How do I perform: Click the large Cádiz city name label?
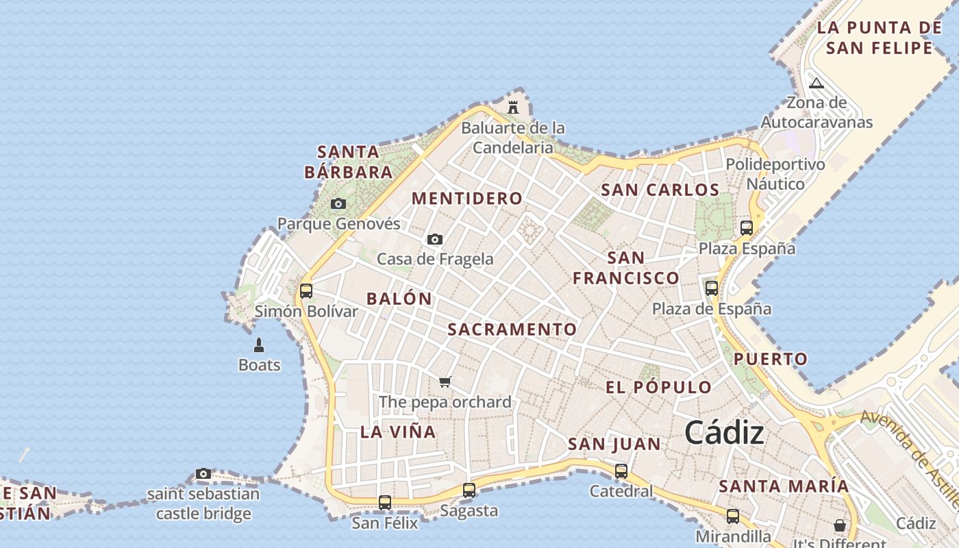coord(724,432)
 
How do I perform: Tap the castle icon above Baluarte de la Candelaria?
coord(513,107)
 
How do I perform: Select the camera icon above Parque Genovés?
coord(338,203)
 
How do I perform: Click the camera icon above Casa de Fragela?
coord(435,239)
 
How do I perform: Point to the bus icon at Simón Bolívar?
coord(306,290)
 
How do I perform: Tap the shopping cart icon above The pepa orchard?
coord(445,382)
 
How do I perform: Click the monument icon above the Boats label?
coord(259,345)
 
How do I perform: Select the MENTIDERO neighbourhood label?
coord(467,199)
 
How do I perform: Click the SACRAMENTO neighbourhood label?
coord(512,329)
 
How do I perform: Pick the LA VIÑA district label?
coord(398,432)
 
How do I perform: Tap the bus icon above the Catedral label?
coord(621,471)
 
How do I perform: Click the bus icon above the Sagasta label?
coord(469,490)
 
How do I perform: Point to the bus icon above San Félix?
coord(385,503)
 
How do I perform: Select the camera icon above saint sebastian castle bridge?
coord(203,473)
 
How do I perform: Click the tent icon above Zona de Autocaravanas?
coord(816,84)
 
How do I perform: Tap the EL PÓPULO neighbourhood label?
coord(658,387)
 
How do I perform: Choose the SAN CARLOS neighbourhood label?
coord(660,190)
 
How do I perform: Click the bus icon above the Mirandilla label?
coord(733,516)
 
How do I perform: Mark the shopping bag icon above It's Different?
coord(840,525)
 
